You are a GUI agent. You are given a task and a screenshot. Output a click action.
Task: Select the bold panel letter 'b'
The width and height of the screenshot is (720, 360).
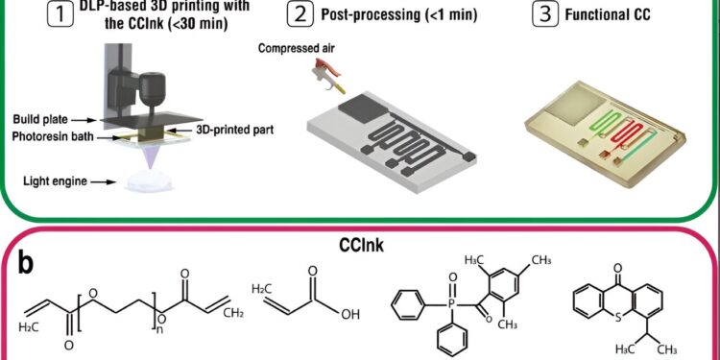click(30, 260)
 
